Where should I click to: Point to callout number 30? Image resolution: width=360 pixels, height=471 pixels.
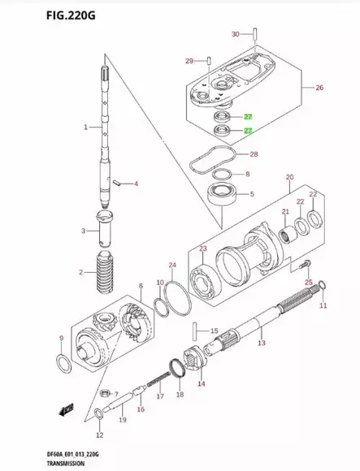coord(236,34)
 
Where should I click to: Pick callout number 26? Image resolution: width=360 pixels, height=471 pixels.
coord(319,88)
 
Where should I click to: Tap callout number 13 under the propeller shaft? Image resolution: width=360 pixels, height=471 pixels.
coord(261,344)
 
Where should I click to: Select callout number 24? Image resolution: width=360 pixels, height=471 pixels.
coord(171,265)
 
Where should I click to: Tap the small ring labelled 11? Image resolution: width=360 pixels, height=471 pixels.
coord(323,284)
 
